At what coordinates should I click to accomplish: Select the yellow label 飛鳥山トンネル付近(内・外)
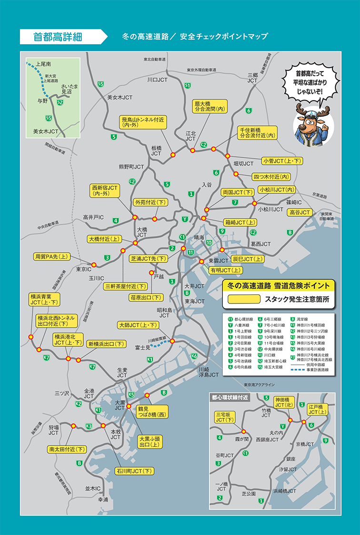(143, 122)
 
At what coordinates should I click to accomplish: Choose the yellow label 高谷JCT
(299, 212)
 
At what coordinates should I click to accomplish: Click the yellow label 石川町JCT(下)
(134, 471)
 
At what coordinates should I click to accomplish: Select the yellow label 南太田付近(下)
(67, 449)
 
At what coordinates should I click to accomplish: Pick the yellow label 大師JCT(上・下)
(138, 325)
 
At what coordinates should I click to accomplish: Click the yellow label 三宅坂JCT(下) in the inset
(226, 417)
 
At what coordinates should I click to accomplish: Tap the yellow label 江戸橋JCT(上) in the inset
(315, 409)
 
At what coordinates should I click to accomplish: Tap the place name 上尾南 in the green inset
(44, 64)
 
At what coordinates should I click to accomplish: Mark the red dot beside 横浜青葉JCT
(31, 337)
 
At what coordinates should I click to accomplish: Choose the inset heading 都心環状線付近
(230, 397)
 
